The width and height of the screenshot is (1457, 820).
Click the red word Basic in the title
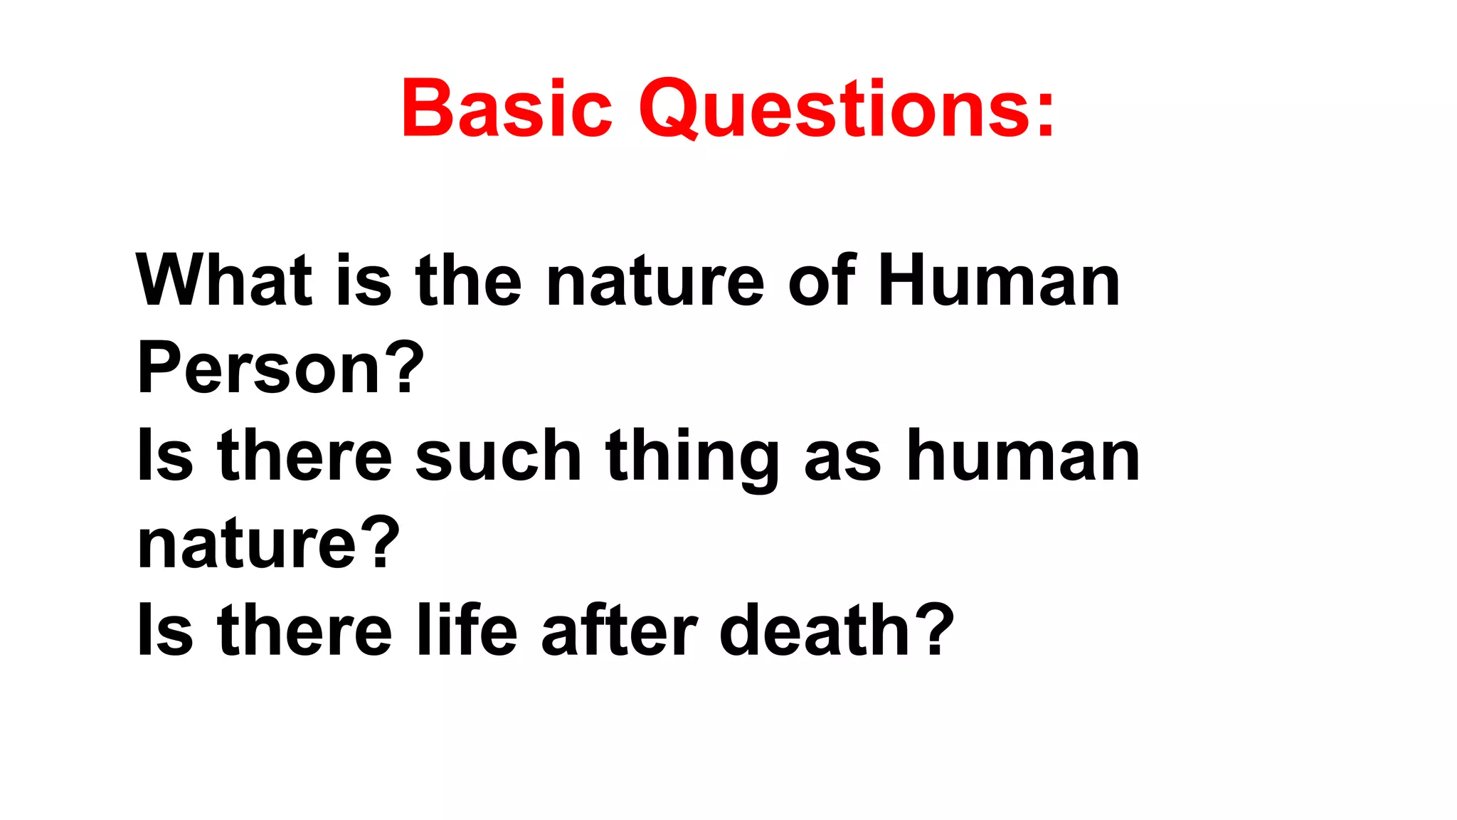pos(507,108)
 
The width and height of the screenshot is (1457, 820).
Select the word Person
pos(260,368)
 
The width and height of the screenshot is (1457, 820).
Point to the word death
pos(814,630)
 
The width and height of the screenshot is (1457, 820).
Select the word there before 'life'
pos(305,630)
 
